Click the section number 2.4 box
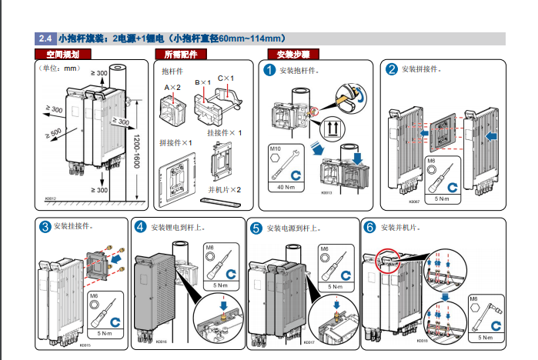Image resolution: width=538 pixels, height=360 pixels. (x=45, y=38)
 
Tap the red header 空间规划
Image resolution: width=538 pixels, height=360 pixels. (x=63, y=55)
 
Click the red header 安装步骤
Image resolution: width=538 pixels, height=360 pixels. (x=293, y=55)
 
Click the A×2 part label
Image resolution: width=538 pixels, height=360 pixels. (x=172, y=88)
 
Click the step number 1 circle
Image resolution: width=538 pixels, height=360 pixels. (x=270, y=70)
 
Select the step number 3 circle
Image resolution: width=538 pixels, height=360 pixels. (x=45, y=227)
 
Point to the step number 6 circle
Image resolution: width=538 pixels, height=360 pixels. (x=369, y=227)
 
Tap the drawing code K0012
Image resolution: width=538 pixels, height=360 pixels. (x=51, y=198)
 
